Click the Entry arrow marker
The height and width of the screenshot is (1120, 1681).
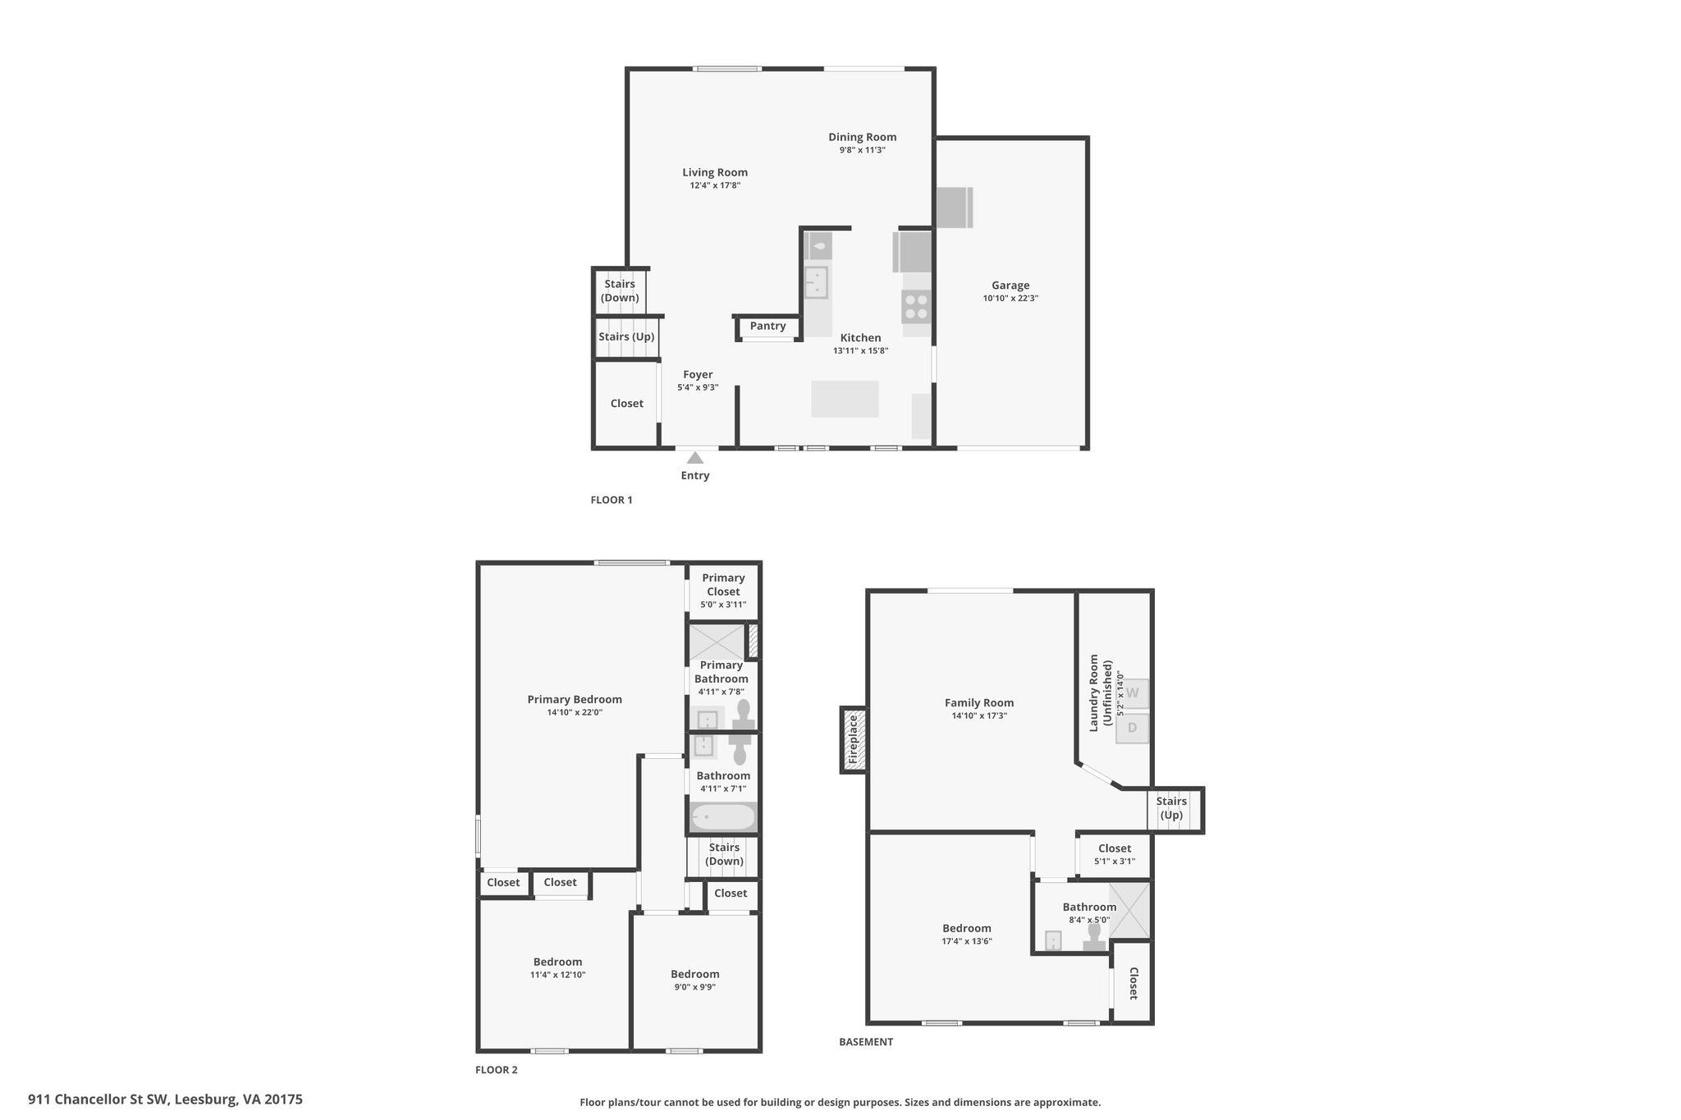click(x=695, y=458)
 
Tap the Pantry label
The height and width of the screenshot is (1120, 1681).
click(x=767, y=326)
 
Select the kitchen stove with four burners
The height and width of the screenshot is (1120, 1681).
click(x=916, y=307)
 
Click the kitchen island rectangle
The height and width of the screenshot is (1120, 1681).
click(x=845, y=399)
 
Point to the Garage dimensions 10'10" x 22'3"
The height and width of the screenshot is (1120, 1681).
click(x=1010, y=299)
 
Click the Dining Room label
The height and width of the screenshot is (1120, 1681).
click(x=862, y=137)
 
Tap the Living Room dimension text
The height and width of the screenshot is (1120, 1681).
click(x=715, y=185)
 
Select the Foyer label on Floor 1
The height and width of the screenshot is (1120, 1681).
click(x=698, y=375)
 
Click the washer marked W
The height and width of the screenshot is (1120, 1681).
click(x=1133, y=693)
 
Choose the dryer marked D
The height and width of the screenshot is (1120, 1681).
click(x=1133, y=728)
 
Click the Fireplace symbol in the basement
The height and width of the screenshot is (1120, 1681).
click(x=854, y=740)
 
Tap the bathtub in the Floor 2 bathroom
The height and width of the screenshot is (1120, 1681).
click(x=723, y=817)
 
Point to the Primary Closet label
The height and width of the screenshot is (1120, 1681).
click(x=723, y=585)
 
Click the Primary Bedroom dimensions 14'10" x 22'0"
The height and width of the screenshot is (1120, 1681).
click(x=575, y=712)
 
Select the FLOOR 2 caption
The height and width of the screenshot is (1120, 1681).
click(x=497, y=1070)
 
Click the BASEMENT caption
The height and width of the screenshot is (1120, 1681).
click(x=866, y=1042)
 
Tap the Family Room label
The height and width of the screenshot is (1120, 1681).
click(x=979, y=702)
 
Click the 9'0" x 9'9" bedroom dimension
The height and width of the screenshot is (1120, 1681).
click(x=695, y=987)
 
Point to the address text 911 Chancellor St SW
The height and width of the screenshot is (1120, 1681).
click(x=98, y=1099)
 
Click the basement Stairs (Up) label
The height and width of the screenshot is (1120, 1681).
click(x=1171, y=808)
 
